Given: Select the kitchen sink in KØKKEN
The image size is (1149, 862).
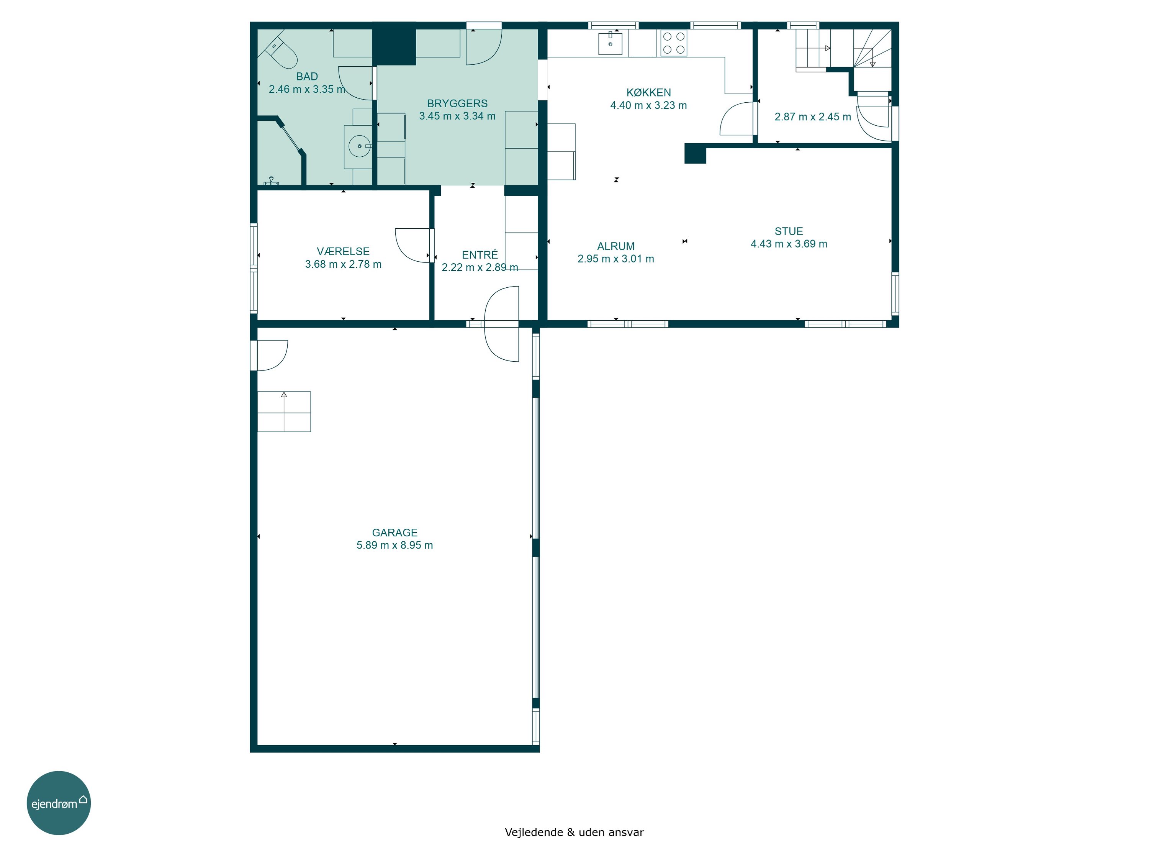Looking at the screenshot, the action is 611,43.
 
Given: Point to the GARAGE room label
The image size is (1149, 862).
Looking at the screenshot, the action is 395,533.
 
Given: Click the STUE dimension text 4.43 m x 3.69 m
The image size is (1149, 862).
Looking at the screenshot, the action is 789,244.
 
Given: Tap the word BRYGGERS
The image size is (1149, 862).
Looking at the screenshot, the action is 457,103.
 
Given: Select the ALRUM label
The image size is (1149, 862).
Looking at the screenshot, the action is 616,246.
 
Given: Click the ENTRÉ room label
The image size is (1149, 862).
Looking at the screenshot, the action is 480,255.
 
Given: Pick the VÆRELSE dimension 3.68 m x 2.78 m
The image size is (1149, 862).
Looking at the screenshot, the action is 343,264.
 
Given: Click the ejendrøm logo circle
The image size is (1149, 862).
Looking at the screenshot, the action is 59,803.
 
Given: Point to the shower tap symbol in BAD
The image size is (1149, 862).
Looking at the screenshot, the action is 271,181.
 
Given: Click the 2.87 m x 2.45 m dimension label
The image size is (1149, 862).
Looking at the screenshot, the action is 813,117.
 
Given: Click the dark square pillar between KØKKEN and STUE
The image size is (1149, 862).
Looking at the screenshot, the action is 695,153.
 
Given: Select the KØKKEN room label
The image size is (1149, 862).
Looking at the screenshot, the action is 649,92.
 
